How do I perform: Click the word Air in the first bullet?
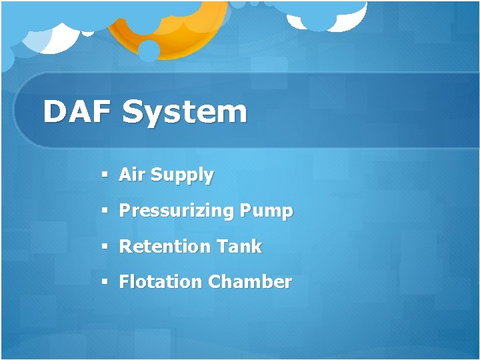coord(132,175)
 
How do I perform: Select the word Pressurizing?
coord(177,212)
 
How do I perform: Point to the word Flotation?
coord(160,282)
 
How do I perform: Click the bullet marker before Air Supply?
coord(105,175)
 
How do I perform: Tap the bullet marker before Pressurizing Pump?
coord(105,211)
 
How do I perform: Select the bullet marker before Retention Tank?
coord(105,247)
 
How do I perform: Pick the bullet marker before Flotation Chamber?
coord(105,282)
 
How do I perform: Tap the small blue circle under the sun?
coord(149,51)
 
